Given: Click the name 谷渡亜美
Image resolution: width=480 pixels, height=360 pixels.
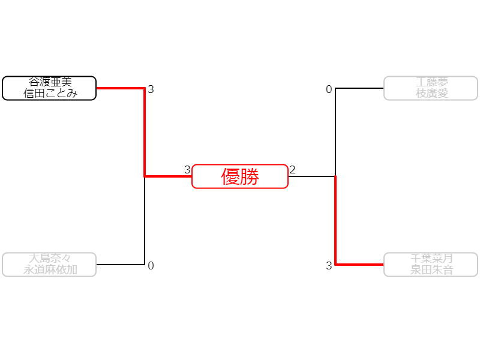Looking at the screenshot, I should click(x=49, y=82).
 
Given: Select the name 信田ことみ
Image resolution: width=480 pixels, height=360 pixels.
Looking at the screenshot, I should click(x=49, y=93).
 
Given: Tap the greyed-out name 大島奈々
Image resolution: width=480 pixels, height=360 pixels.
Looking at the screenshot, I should click(x=49, y=259).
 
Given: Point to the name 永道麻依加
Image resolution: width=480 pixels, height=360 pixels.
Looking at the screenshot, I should click(x=49, y=269).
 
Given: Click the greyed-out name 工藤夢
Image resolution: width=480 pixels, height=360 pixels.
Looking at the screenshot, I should click(x=431, y=82).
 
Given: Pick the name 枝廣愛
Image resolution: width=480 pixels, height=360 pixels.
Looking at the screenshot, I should click(x=431, y=93).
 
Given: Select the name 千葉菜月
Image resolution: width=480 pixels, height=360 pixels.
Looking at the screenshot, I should click(x=431, y=259).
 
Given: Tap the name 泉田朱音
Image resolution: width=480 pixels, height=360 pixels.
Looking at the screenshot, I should click(x=431, y=269).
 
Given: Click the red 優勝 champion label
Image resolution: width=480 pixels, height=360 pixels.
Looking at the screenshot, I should click(x=240, y=176).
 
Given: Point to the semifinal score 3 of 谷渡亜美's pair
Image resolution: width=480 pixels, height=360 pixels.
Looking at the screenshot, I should click(x=151, y=90).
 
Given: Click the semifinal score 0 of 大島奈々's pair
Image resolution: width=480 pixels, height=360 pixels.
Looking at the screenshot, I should click(x=151, y=266).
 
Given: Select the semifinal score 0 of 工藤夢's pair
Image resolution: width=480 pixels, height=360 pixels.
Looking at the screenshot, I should click(x=329, y=90).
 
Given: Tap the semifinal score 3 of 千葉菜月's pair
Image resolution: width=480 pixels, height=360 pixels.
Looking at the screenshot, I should click(x=329, y=266).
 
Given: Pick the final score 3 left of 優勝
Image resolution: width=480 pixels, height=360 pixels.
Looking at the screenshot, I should click(x=187, y=170).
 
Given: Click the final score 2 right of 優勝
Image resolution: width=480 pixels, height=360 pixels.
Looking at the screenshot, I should click(x=292, y=170).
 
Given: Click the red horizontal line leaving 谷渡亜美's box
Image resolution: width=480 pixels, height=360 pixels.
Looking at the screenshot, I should click(x=120, y=88).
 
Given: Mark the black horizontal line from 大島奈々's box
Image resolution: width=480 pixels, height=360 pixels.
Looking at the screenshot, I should click(x=120, y=264).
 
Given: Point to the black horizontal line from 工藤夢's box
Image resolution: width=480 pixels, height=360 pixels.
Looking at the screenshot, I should click(x=360, y=88).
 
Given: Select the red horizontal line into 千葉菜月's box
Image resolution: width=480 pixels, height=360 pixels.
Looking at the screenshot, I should click(x=360, y=264).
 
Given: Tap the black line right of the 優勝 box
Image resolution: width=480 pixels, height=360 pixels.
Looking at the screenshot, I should click(x=312, y=176).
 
